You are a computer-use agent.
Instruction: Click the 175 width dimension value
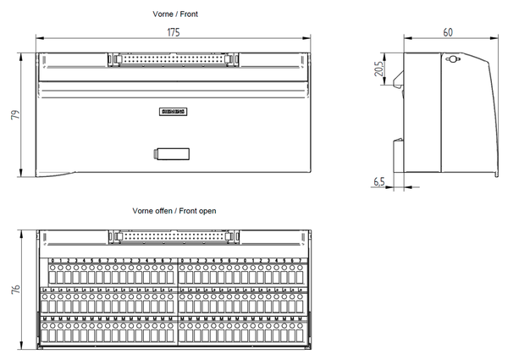(173, 31)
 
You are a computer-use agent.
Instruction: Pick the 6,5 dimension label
(378, 181)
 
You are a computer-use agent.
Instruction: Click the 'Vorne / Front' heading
(172, 14)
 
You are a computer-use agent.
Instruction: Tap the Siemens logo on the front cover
(172, 112)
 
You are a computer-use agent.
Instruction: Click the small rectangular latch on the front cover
(169, 153)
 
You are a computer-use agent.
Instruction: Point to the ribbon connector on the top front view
(173, 60)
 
